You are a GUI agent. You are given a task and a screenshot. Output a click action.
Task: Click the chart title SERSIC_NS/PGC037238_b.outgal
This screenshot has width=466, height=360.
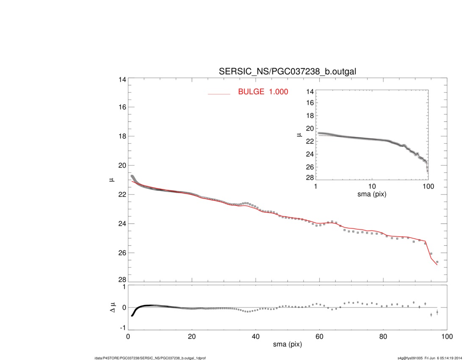click(x=287, y=72)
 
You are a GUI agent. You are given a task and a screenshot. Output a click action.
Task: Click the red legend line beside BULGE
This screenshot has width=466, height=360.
click(x=219, y=94)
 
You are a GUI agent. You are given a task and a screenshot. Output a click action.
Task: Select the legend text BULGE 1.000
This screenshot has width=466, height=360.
click(x=263, y=91)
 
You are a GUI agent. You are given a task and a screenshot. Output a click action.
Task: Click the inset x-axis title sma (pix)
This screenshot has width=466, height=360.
click(x=372, y=195)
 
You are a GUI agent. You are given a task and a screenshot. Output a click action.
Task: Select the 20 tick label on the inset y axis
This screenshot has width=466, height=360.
click(x=309, y=128)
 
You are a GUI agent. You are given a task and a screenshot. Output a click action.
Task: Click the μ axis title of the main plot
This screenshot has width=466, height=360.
click(x=111, y=180)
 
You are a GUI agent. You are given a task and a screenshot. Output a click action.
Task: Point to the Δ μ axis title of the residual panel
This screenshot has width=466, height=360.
click(x=111, y=308)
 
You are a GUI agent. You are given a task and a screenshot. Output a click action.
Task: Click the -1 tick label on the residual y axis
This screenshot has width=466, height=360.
click(x=123, y=328)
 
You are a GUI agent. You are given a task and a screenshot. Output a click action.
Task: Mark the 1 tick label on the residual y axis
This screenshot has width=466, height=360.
click(x=124, y=287)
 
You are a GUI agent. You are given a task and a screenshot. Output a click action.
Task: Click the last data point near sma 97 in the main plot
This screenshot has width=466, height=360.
click(x=437, y=262)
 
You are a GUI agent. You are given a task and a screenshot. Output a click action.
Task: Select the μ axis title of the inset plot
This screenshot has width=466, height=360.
click(x=300, y=135)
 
